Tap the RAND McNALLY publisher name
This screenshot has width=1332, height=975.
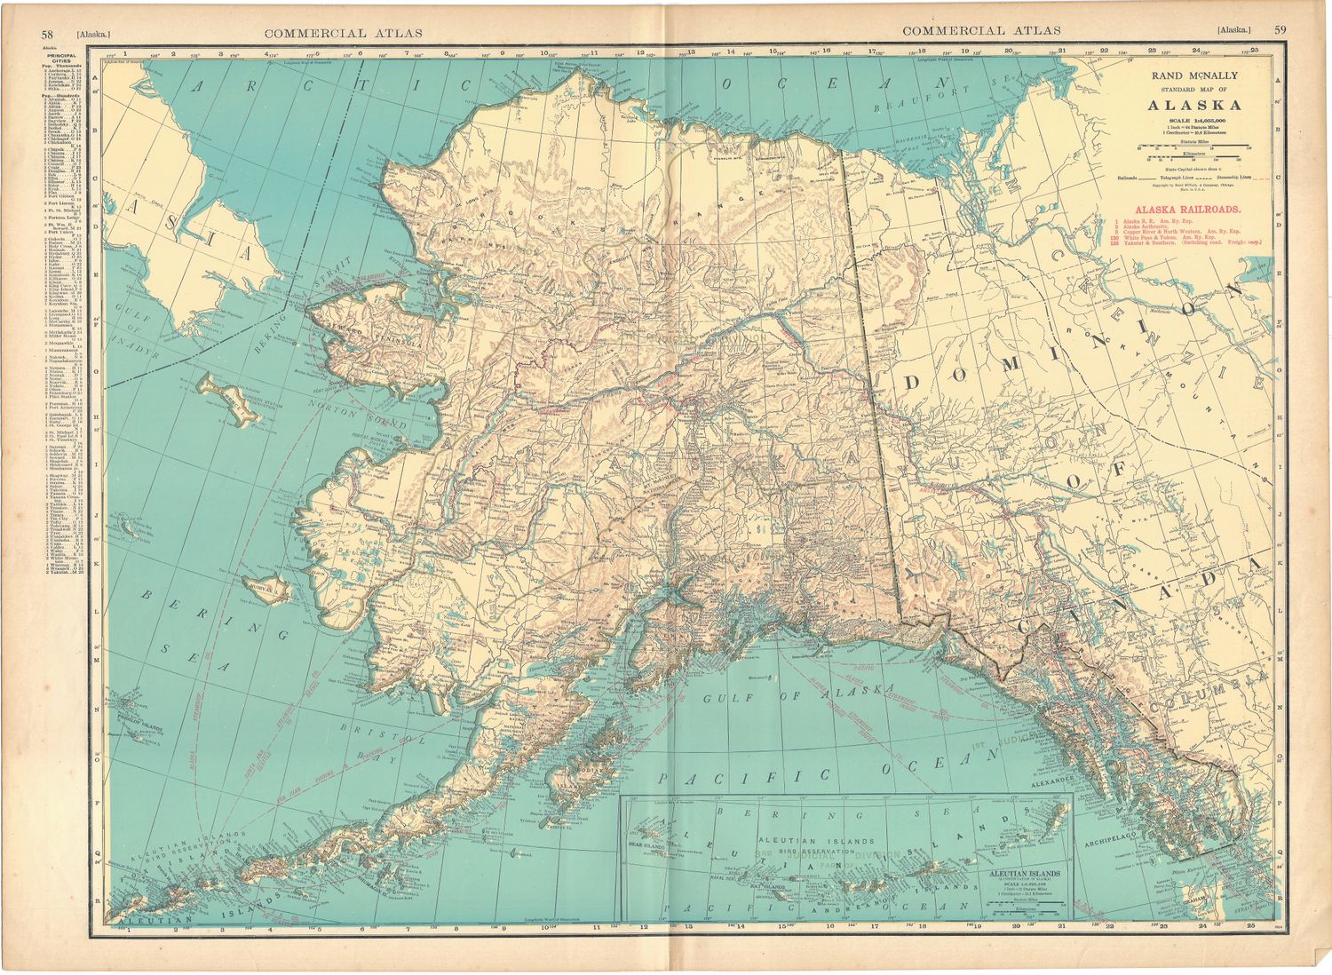click(x=1194, y=75)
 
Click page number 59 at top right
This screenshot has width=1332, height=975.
click(x=1280, y=30)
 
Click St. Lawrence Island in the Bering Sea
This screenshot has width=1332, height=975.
click(x=229, y=397)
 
